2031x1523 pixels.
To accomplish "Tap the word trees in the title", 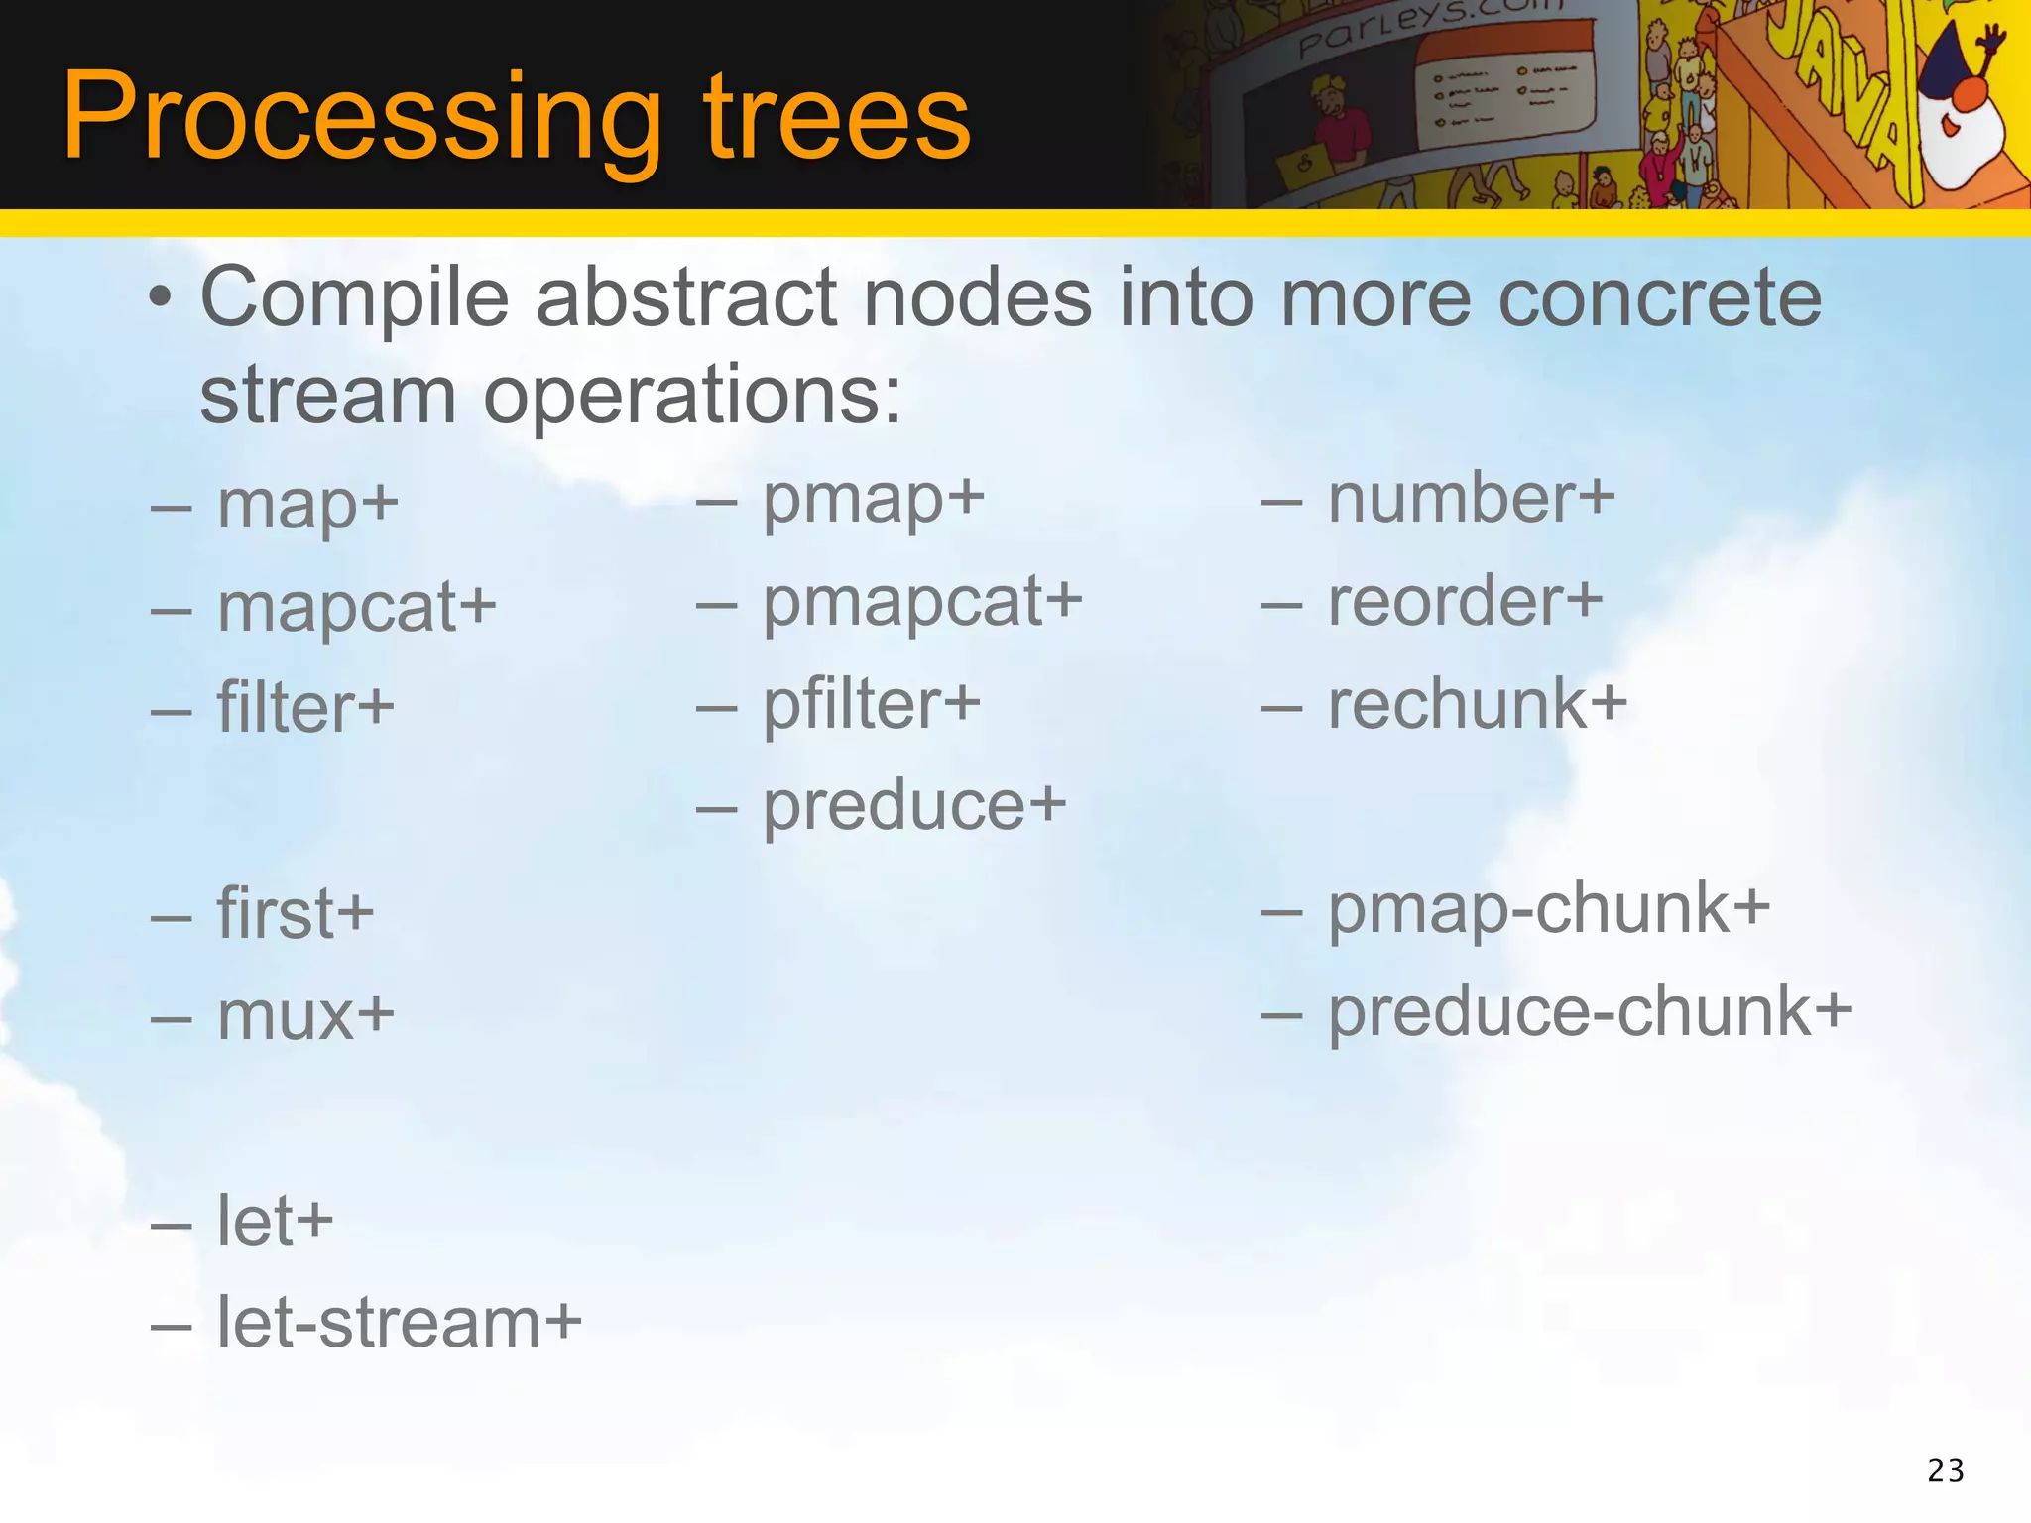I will tap(837, 117).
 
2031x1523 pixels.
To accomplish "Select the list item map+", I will tap(307, 506).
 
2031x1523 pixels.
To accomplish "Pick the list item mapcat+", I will tap(356, 607).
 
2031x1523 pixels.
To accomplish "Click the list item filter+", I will tap(305, 708).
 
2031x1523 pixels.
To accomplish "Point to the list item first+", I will tap(295, 914).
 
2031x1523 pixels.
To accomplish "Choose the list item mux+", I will tap(305, 1016).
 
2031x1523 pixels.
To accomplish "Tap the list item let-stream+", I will tap(399, 1323).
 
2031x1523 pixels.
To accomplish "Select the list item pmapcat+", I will tap(921, 603).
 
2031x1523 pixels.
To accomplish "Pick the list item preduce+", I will tap(913, 806).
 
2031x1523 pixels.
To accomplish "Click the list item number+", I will tap(1471, 499).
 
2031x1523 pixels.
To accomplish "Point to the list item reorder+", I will tap(1465, 602).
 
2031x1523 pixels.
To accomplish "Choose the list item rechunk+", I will tap(1477, 704).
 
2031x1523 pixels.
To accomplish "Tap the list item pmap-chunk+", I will tap(1548, 909).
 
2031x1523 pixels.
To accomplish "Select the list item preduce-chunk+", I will tap(1589, 1013).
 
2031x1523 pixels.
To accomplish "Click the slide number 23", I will tap(1946, 1470).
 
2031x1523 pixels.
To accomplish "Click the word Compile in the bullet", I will tap(355, 297).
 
